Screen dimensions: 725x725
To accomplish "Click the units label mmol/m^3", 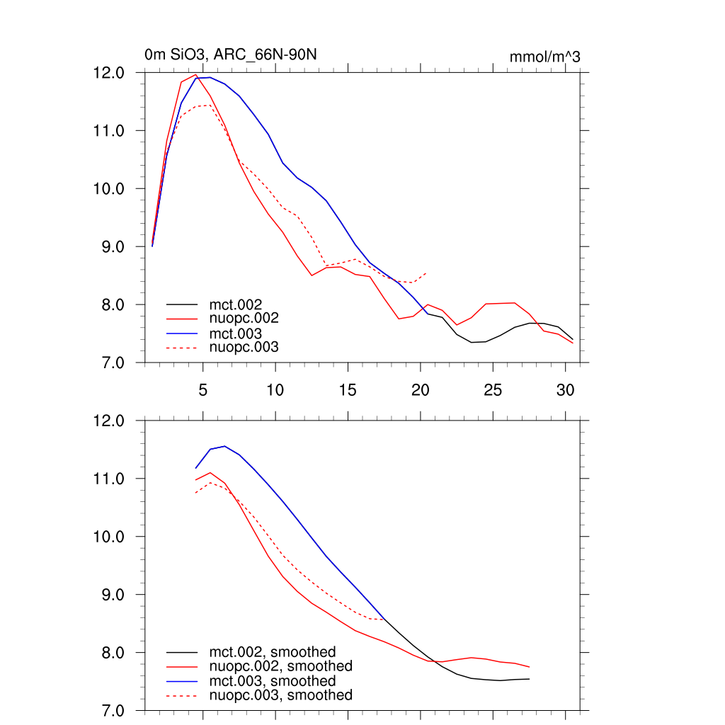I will click(x=544, y=57).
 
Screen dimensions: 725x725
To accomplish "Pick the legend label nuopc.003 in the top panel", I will click(x=244, y=347).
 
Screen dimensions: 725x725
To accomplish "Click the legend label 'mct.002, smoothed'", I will click(x=273, y=652).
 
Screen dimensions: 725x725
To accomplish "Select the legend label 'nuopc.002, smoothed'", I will click(x=280, y=666).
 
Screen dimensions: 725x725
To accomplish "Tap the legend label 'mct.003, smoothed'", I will click(x=273, y=681).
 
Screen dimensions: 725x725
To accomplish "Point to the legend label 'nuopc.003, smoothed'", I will click(x=280, y=695).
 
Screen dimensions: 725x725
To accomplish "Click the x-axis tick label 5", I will click(x=202, y=389).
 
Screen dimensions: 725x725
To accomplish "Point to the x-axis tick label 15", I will click(x=348, y=389).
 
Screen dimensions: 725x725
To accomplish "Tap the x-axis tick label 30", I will click(x=564, y=389).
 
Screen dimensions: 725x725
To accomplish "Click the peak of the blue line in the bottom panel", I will click(x=224, y=446).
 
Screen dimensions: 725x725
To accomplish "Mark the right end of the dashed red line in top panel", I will click(x=426, y=273).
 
